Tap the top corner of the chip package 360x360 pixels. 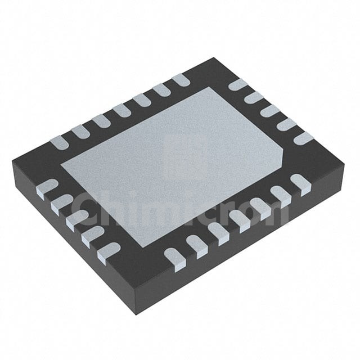214,57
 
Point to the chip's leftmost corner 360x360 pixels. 12,161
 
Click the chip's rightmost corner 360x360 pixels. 345,164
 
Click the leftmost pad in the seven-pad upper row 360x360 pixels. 59,142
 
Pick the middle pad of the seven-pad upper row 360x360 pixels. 121,111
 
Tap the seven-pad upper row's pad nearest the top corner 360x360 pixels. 181,80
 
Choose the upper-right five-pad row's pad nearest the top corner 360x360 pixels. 238,84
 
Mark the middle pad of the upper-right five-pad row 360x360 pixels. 271,111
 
